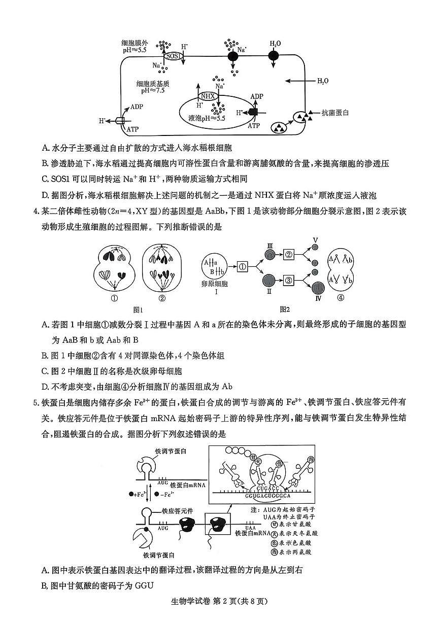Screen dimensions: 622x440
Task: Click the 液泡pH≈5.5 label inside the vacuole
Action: (207, 118)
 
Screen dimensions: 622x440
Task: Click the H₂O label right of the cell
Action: (323, 81)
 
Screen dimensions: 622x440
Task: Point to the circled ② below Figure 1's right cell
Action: (162, 298)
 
